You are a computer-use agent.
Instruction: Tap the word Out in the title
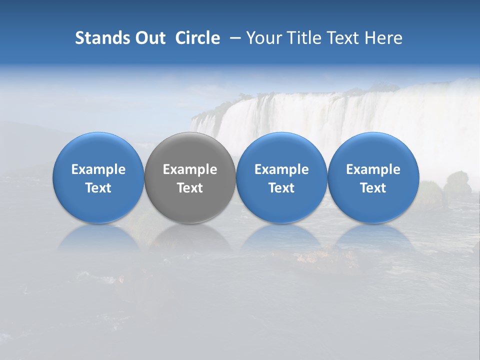point(149,38)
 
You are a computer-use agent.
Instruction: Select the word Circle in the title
point(197,38)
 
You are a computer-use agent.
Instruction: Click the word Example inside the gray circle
point(190,169)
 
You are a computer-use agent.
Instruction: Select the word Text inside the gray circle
point(190,188)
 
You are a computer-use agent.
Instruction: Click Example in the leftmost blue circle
point(98,169)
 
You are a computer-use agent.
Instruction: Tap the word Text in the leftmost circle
point(98,188)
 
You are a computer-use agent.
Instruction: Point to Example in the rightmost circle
point(373,169)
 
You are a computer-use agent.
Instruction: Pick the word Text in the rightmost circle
point(373,188)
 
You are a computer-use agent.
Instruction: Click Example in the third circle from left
point(281,169)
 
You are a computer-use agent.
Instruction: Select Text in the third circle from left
point(281,188)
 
